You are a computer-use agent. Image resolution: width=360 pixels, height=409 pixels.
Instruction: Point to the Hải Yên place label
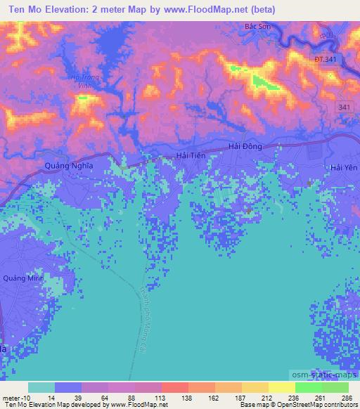pyautogui.click(x=344, y=167)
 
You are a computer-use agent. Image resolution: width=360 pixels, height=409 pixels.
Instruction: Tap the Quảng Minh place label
pyautogui.click(x=24, y=278)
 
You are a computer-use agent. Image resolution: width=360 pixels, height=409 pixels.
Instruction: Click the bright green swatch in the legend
pyautogui.click(x=308, y=387)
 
